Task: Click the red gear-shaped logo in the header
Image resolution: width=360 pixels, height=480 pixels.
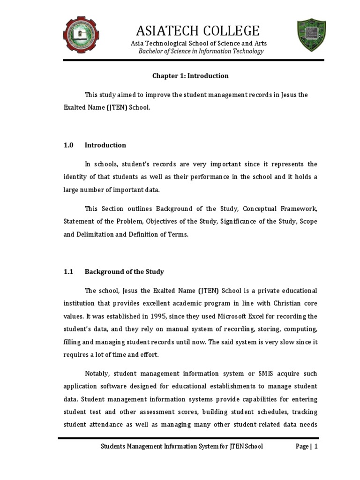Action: pyautogui.click(x=82, y=35)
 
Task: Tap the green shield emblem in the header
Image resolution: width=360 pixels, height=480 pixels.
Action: pyautogui.click(x=311, y=36)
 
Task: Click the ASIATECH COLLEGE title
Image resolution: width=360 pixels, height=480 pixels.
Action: pyautogui.click(x=197, y=31)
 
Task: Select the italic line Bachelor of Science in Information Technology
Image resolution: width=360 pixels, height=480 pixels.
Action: pyautogui.click(x=201, y=51)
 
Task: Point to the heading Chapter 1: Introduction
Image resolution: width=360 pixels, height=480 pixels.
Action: pyautogui.click(x=190, y=76)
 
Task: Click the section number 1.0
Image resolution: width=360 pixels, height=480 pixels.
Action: pyautogui.click(x=68, y=145)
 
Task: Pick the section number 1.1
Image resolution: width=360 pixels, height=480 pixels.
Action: pyautogui.click(x=68, y=272)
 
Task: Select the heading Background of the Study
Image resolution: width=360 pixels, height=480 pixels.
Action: pyautogui.click(x=124, y=272)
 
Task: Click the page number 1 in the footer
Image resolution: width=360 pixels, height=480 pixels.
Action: pyautogui.click(x=316, y=447)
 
